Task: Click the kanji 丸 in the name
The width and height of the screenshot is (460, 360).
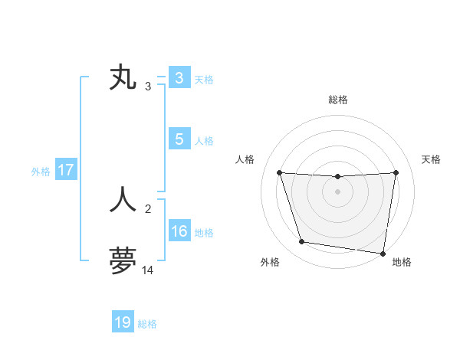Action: pyautogui.click(x=123, y=78)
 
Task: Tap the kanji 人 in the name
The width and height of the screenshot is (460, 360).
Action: pyautogui.click(x=123, y=198)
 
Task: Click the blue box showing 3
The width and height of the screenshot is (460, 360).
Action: pyautogui.click(x=179, y=78)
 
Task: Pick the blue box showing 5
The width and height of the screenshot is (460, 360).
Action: pyautogui.click(x=179, y=139)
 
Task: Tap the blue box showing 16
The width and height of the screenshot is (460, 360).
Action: pyautogui.click(x=179, y=231)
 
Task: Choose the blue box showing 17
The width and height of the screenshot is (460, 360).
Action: pyautogui.click(x=66, y=170)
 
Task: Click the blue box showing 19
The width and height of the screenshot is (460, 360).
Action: pyautogui.click(x=123, y=322)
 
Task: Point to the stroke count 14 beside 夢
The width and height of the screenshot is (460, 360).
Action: pyautogui.click(x=148, y=270)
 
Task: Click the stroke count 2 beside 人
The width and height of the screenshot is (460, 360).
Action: pyautogui.click(x=148, y=208)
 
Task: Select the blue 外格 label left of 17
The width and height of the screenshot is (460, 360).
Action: pyautogui.click(x=41, y=172)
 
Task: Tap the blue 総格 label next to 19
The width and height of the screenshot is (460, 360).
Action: pyautogui.click(x=147, y=324)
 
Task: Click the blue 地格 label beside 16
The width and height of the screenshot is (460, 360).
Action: pyautogui.click(x=204, y=233)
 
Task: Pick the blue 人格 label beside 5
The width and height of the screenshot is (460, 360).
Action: pyautogui.click(x=204, y=141)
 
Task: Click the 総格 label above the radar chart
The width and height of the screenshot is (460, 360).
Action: pyautogui.click(x=337, y=100)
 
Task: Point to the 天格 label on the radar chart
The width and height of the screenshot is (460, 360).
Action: pyautogui.click(x=432, y=159)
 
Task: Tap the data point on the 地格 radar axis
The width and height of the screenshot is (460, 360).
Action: pyautogui.click(x=383, y=253)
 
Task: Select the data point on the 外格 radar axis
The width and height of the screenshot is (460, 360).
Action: pyautogui.click(x=302, y=242)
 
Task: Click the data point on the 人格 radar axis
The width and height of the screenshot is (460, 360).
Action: pyautogui.click(x=279, y=172)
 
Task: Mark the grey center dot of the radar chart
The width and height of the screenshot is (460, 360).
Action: pyautogui.click(x=337, y=191)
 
